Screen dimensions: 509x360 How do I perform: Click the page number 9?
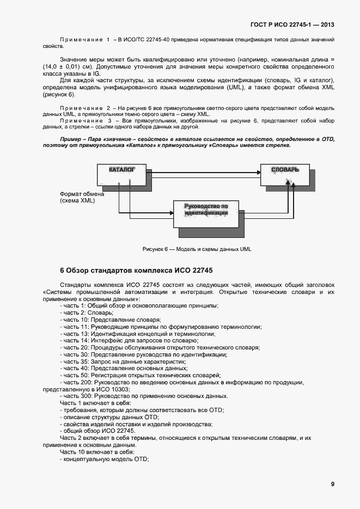tap(332, 484)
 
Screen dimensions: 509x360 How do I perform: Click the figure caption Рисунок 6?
tap(197, 249)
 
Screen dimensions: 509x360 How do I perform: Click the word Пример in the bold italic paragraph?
tap(71, 139)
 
